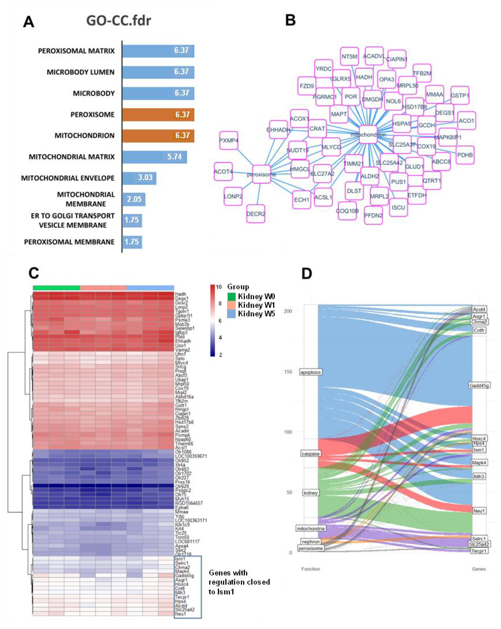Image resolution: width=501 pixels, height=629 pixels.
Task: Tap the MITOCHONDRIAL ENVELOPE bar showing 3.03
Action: [139, 178]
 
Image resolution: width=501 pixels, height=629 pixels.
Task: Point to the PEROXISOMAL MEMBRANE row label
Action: [69, 242]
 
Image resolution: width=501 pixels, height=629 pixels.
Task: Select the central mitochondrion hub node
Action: [368, 135]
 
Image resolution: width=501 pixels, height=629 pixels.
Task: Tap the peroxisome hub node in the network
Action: [261, 174]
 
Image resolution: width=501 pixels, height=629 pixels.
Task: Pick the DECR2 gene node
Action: [256, 214]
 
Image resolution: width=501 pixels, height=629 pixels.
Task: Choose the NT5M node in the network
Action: [349, 56]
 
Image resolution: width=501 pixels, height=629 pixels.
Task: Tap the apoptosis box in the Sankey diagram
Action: [310, 372]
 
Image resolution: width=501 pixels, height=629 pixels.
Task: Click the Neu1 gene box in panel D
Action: [479, 511]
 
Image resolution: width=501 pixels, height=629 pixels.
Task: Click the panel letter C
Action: [34, 273]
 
